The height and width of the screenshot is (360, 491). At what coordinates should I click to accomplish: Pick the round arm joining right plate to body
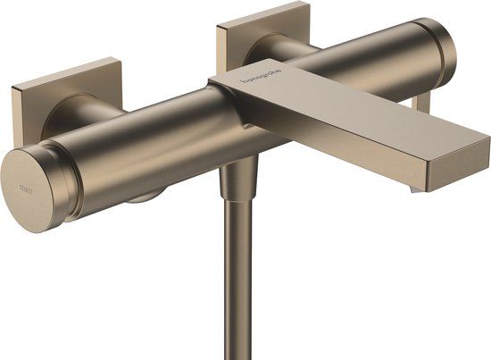tap(272, 54)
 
